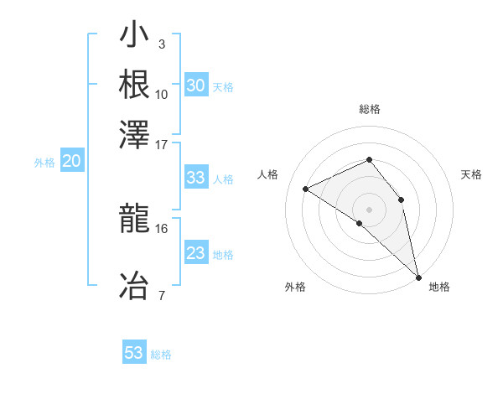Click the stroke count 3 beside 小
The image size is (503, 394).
162,44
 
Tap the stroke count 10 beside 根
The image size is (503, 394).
162,93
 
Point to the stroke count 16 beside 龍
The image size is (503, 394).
162,227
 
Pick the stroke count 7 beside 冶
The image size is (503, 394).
162,294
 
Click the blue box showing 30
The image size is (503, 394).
196,86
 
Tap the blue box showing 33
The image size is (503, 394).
195,178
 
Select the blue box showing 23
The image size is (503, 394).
195,253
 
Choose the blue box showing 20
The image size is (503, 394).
72,162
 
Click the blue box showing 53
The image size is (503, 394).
134,353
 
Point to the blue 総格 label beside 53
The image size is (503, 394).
161,355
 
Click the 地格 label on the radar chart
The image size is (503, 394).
439,287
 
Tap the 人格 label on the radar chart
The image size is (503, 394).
267,174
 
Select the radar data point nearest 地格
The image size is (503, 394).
418,276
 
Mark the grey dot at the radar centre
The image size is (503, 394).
369,209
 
